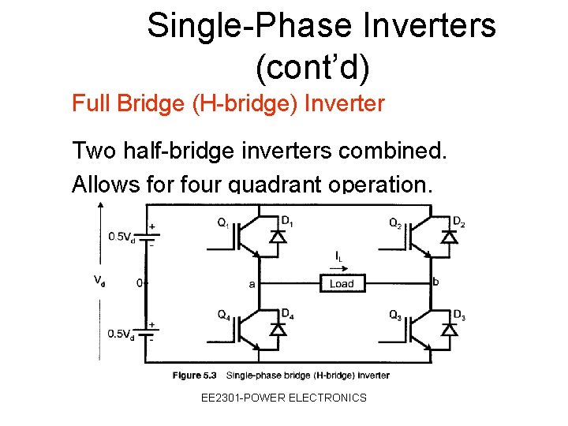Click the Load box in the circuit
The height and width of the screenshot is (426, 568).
click(342, 283)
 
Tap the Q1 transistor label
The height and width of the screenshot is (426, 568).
click(225, 222)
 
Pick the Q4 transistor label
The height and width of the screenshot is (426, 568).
click(225, 314)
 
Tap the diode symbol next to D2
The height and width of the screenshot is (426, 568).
click(449, 235)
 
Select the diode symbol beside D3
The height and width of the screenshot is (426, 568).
click(449, 329)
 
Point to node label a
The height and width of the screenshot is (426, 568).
click(252, 284)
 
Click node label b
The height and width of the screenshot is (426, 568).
click(435, 281)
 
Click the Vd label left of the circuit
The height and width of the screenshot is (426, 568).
click(99, 280)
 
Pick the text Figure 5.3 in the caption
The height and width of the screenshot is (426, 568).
click(194, 375)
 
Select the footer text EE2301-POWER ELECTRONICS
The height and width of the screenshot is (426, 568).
click(284, 398)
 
